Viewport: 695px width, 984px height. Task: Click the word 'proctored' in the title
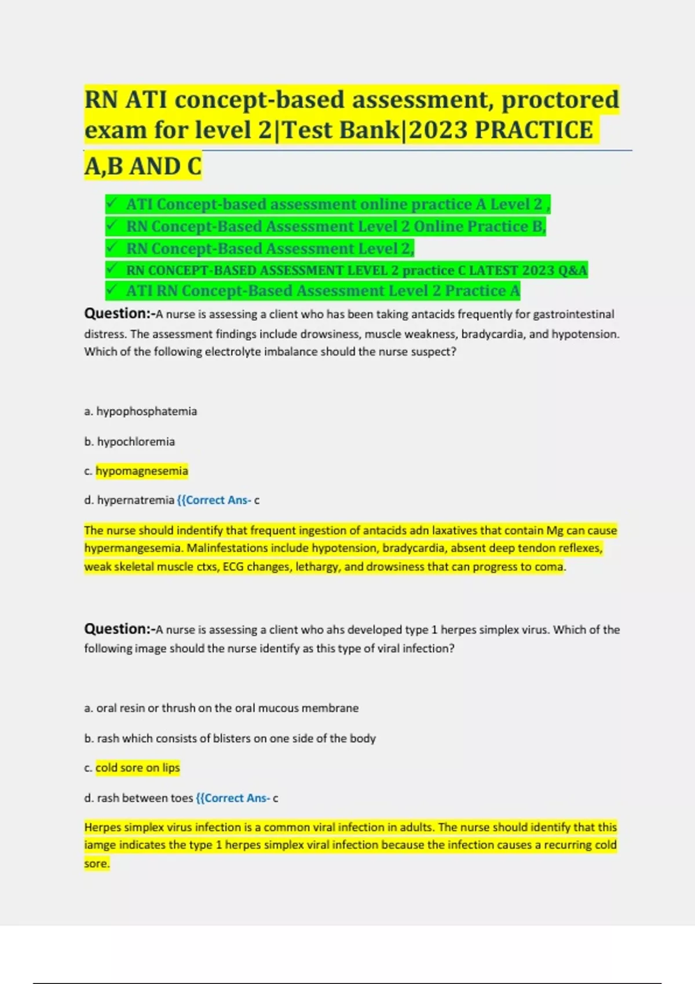point(560,100)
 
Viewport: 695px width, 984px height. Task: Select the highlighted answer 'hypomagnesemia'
point(142,471)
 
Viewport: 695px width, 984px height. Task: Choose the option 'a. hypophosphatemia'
point(140,412)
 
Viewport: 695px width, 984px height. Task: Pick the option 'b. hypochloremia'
point(129,442)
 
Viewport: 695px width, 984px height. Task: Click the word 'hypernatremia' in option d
point(136,500)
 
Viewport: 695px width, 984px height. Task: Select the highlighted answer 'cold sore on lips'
point(138,768)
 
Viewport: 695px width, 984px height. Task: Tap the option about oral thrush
point(221,708)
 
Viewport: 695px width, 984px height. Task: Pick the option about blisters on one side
point(230,739)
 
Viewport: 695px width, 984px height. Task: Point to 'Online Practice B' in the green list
point(478,226)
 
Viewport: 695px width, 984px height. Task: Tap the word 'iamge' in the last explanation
point(100,845)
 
